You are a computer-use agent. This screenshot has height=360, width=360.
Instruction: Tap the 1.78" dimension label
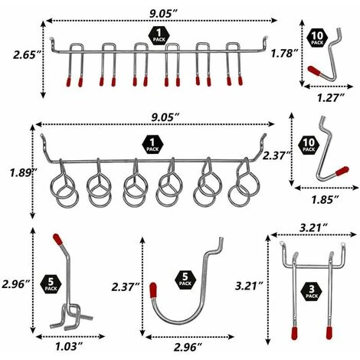tap(285, 54)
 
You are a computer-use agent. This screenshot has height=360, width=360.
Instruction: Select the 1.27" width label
tap(331, 97)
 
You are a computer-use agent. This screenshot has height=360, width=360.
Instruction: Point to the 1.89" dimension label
tap(22, 173)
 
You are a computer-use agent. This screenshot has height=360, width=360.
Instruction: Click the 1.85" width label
tap(325, 199)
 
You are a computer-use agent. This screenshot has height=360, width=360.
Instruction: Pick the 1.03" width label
tap(69, 346)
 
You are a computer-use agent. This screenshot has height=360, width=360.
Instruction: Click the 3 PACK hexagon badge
tap(312, 292)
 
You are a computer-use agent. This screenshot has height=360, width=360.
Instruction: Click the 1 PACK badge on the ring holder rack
tap(152, 146)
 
